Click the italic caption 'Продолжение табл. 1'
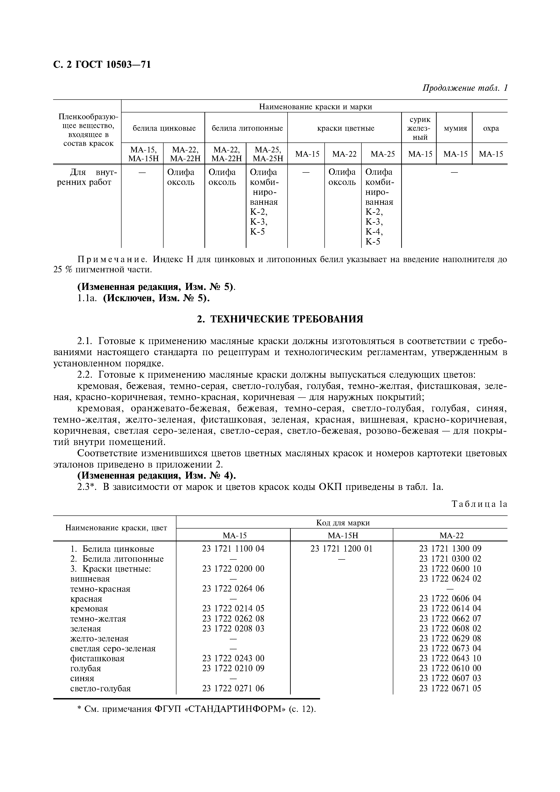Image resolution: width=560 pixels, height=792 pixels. click(x=465, y=88)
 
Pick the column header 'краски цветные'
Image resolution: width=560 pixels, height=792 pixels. click(x=345, y=128)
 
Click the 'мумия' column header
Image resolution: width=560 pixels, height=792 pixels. click(x=455, y=128)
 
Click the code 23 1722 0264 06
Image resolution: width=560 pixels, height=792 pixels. click(x=233, y=589)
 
